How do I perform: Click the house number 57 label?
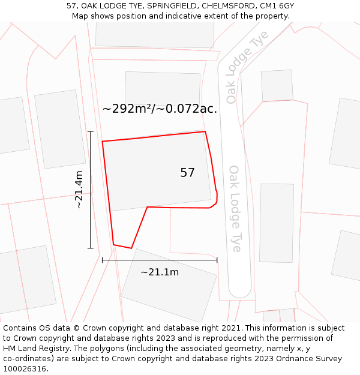pos(187,173)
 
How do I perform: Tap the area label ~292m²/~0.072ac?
pos(160,109)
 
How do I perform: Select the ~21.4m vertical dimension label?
pos(79,190)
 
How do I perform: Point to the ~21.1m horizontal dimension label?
pos(160,272)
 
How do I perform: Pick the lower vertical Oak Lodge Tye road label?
pos(235,208)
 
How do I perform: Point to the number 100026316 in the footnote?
pos(25,369)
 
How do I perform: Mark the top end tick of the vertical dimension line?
pos(91,131)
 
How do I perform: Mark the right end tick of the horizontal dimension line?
pos(217,260)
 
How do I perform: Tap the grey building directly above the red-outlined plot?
pos(163,90)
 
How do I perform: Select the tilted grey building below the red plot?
pos(169,284)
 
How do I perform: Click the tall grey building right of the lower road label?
pos(277,223)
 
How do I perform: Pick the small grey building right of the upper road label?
pos(277,86)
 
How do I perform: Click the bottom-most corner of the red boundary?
pos(131,248)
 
